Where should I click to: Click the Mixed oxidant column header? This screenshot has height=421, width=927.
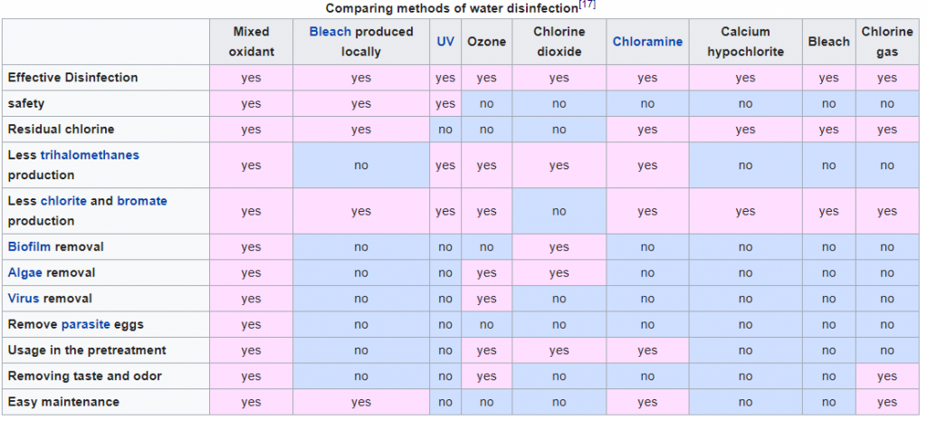pos(252,42)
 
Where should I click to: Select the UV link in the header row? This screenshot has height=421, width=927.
pos(445,42)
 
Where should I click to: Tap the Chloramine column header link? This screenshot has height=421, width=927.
pos(647,42)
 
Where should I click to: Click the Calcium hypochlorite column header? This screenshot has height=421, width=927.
pos(746,42)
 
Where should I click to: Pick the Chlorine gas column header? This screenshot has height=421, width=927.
pos(887,42)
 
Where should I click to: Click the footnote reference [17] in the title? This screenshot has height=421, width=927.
pos(587,5)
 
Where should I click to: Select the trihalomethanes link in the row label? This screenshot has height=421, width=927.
pos(90,155)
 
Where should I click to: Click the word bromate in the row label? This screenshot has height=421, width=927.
pos(142,201)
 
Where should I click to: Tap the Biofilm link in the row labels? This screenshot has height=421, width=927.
pos(29,246)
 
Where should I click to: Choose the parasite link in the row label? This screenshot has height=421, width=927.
pos(86,325)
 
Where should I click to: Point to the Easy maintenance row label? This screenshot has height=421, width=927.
pos(63,402)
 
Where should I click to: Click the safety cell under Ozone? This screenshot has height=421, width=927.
pos(486,103)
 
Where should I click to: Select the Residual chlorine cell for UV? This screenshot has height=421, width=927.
pos(445,129)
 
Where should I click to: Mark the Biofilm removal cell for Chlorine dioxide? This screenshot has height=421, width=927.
pos(559,247)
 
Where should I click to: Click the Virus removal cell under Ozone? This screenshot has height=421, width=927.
pos(486,299)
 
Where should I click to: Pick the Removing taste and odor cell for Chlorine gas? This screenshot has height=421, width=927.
pos(887,377)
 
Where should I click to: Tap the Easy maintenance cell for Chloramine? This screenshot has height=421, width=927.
pos(647,402)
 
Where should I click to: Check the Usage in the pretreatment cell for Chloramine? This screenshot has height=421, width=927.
pos(647,350)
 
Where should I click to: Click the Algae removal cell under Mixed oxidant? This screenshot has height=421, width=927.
pos(252,273)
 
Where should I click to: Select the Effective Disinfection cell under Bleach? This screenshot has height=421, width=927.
pos(829,78)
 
